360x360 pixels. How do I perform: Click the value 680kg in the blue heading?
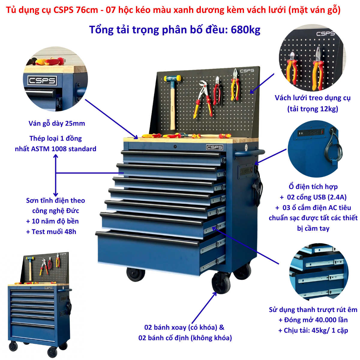[x=245, y=30]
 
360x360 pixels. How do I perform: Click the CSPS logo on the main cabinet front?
[x=214, y=147]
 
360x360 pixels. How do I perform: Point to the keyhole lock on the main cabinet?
[x=175, y=146]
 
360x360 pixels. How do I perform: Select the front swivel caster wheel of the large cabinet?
[x=220, y=283]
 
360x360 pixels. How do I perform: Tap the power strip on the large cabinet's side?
[x=246, y=170]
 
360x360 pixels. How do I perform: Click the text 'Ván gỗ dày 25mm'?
[x=57, y=124]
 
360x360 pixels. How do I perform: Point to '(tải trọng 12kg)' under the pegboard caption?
[x=313, y=109]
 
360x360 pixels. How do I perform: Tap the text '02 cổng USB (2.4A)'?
[x=317, y=197]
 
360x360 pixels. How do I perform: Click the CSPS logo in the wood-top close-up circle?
[x=42, y=80]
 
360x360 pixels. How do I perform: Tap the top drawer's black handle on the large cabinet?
[x=171, y=154]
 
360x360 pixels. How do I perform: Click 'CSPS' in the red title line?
[x=63, y=10]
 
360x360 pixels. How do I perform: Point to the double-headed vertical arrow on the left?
[x=56, y=175]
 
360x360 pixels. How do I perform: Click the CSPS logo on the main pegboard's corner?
[x=247, y=71]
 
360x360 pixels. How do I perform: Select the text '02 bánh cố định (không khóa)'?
[x=185, y=338]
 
